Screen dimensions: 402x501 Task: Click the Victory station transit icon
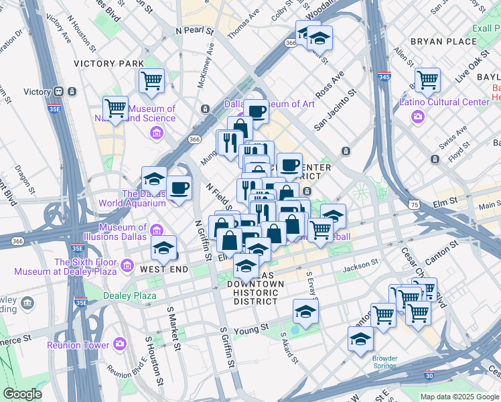pos(58,92)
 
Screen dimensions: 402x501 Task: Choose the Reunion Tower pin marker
pos(120,344)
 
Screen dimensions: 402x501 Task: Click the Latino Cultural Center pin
pos(418,117)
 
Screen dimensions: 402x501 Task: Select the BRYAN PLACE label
pos(443,42)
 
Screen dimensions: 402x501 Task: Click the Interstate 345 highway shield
pos(384,78)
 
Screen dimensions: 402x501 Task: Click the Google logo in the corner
pos(22,393)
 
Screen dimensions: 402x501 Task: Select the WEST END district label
pos(159,269)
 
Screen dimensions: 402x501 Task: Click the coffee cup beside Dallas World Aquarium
pos(179,188)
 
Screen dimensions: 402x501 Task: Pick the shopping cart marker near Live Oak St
pos(427,80)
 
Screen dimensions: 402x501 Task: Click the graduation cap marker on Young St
pos(305,312)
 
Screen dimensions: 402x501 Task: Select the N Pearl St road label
pos(194,31)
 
